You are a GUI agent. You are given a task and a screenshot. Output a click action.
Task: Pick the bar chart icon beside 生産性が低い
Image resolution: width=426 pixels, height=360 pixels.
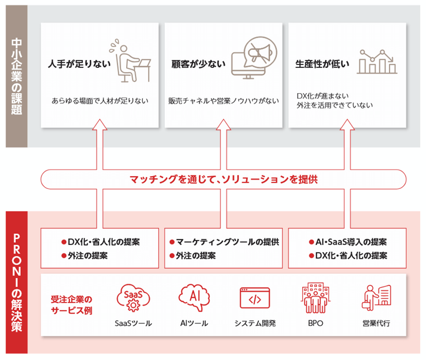coord(377,61)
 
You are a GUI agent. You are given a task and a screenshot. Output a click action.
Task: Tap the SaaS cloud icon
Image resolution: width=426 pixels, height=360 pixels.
coord(133,297)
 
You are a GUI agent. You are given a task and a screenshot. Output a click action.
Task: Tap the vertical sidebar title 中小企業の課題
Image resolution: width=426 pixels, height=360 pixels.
coord(16,76)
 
